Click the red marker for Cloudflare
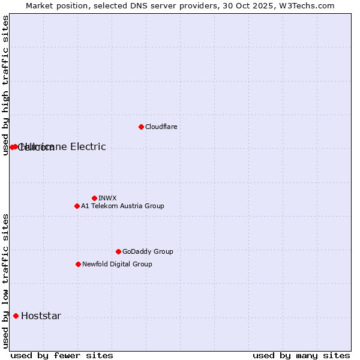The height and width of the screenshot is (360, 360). point(141,127)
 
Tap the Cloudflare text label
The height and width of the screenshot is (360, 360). point(161,127)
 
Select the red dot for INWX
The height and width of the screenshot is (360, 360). point(94,198)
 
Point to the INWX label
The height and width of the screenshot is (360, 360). point(107,198)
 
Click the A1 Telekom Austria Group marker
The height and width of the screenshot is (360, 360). point(77,206)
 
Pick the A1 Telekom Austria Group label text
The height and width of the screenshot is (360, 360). point(122,206)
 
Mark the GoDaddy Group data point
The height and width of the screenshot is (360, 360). point(118,251)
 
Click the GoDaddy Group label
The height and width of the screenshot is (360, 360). point(148,251)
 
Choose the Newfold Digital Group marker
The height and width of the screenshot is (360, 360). point(78,264)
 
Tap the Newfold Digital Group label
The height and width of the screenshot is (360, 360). point(117,264)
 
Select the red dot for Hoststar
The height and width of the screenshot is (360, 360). point(16,316)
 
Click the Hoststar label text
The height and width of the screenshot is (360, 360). point(41,316)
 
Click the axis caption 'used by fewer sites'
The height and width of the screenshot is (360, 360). point(62,355)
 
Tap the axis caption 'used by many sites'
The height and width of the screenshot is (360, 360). point(301,355)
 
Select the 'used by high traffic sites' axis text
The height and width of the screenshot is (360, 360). point(5,85)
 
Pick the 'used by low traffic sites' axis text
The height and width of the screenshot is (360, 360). point(5,281)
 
